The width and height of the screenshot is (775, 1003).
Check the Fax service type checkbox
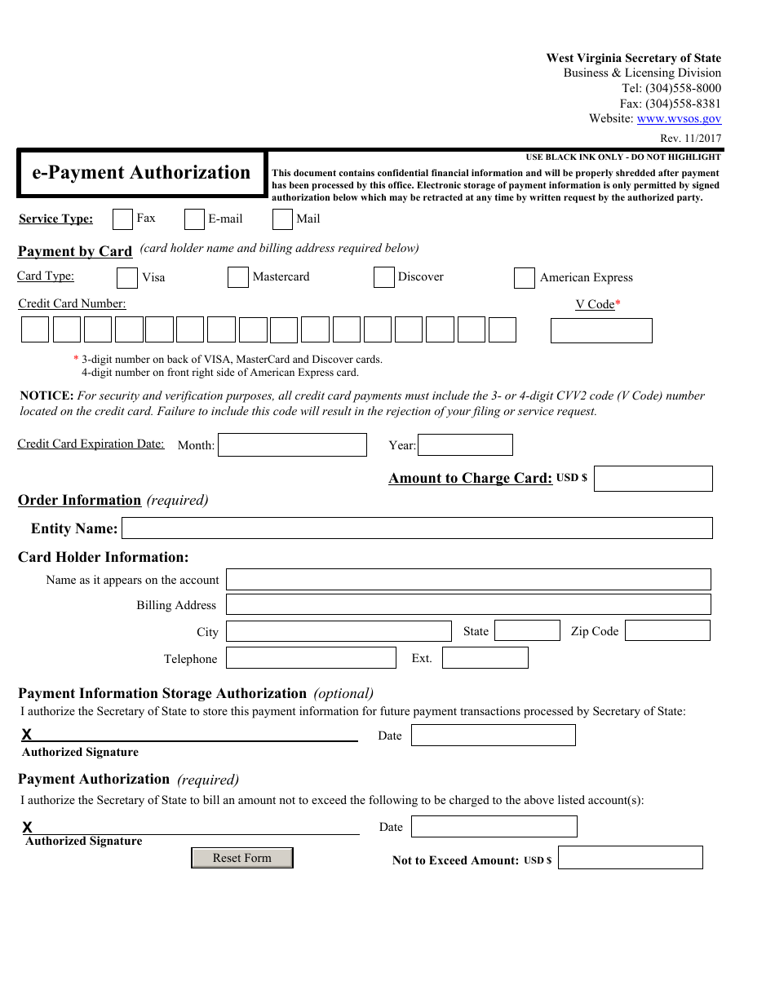122,219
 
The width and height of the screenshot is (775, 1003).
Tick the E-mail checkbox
194,219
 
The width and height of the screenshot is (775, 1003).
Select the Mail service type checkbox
282,219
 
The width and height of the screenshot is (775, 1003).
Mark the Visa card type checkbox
127,278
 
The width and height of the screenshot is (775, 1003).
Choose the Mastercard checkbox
238,277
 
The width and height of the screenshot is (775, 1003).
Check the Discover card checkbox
384,277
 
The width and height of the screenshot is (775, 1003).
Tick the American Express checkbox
525,278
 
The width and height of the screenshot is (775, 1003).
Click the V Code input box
601,330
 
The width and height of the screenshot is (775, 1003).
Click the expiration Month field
292,444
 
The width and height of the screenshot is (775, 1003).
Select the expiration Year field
465,444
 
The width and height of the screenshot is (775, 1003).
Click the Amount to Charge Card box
653,479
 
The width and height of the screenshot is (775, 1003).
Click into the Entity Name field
417,528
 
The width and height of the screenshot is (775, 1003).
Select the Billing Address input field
468,604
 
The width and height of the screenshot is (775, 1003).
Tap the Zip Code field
667,630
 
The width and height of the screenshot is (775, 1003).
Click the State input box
527,630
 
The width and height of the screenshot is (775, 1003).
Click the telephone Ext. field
485,657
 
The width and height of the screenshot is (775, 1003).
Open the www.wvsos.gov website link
679,118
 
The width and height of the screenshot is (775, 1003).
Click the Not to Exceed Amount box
630,857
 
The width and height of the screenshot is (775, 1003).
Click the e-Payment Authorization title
141,173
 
